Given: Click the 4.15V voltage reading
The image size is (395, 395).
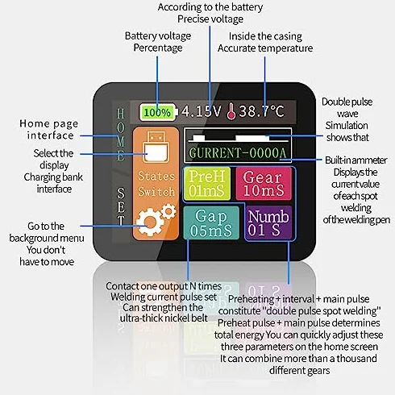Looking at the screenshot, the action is (202, 111).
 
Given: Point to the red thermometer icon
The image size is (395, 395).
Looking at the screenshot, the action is (231, 111).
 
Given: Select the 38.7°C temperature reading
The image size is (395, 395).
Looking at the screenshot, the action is (261, 111).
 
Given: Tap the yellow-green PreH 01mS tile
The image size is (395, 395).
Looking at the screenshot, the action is (207, 184).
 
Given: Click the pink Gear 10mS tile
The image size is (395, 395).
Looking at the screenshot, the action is (264, 184).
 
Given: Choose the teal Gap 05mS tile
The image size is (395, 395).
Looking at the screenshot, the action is (211, 222).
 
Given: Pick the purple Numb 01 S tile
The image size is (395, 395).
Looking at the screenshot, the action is (268, 222).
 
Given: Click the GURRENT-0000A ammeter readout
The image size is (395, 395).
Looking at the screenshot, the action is (238, 153).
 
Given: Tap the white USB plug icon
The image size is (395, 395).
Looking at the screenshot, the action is (156, 147).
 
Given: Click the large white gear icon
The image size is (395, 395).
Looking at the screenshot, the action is (150, 222).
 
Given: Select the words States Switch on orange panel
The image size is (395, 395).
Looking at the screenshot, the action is (156, 184).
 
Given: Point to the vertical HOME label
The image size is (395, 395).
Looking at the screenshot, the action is (120, 135).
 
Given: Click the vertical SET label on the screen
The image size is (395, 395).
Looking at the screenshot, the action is (121, 206).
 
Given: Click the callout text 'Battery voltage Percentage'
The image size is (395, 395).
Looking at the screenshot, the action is (158, 42).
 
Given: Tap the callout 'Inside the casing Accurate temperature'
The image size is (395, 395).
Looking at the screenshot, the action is (265, 42).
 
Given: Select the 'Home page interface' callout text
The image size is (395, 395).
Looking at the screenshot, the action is (49, 130).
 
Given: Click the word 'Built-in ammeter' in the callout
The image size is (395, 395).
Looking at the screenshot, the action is (356, 160).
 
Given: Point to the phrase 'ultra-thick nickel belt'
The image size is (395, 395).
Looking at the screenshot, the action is (164, 318).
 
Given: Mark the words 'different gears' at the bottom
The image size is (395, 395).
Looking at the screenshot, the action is (299, 371).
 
